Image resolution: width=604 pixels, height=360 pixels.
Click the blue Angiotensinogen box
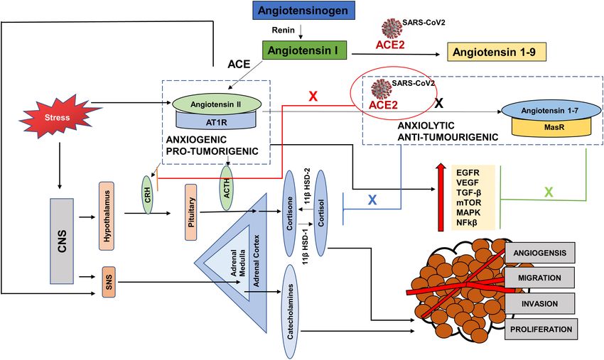pyautogui.click(x=303, y=11)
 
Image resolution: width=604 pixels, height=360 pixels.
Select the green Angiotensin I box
pyautogui.click(x=304, y=50)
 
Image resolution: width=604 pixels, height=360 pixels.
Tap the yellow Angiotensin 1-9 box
pyautogui.click(x=497, y=52)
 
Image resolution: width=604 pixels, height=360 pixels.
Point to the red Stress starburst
pyautogui.click(x=58, y=116)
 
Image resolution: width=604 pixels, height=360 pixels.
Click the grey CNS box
pyautogui.click(x=62, y=241)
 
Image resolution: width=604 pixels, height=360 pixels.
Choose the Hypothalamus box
pyautogui.click(x=107, y=216)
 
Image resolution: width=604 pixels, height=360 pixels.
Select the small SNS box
pyautogui.click(x=109, y=282)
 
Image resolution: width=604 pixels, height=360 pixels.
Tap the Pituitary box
pyautogui.click(x=191, y=212)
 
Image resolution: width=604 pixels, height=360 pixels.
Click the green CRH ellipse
pyautogui.click(x=147, y=195)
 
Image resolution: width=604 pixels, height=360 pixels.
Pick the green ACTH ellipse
pyautogui.click(x=226, y=188)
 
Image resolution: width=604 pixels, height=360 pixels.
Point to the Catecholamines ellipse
pyautogui.click(x=290, y=312)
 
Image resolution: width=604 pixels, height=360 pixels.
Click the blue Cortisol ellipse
pyautogui.click(x=321, y=213)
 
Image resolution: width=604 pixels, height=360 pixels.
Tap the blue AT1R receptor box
pyautogui.click(x=216, y=122)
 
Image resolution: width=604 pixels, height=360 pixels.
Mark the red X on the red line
pyautogui.click(x=313, y=97)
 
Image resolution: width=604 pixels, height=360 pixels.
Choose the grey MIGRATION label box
pyautogui.click(x=539, y=278)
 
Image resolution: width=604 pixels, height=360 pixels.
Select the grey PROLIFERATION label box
pyautogui.click(x=541, y=329)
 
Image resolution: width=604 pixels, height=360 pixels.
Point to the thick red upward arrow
pyautogui.click(x=441, y=197)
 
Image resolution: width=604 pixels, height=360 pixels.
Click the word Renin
pyautogui.click(x=283, y=30)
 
